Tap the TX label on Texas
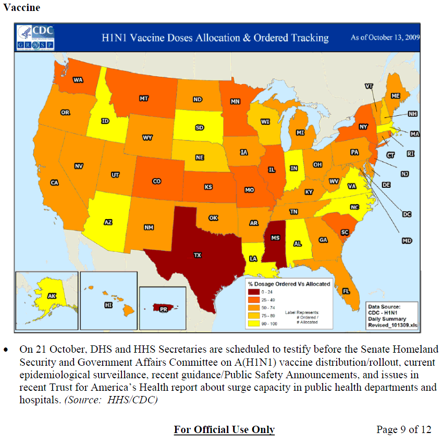pos(198,255)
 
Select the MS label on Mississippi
pos(275,238)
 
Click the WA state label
pos(78,80)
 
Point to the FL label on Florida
pos(346,291)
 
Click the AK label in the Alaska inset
pos(52,296)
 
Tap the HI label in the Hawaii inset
pos(108,304)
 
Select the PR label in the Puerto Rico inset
pos(163,309)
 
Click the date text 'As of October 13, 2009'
pos(385,38)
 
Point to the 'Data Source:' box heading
pos(385,307)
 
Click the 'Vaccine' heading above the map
pos(21,8)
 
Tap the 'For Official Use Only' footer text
pos(224,429)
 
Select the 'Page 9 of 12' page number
pos(403,429)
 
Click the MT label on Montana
pos(144,98)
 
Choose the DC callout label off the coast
pos(407,213)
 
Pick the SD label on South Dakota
pos(200,127)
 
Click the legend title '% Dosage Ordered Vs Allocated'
pos(289,284)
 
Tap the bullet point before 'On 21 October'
pos(6,349)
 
